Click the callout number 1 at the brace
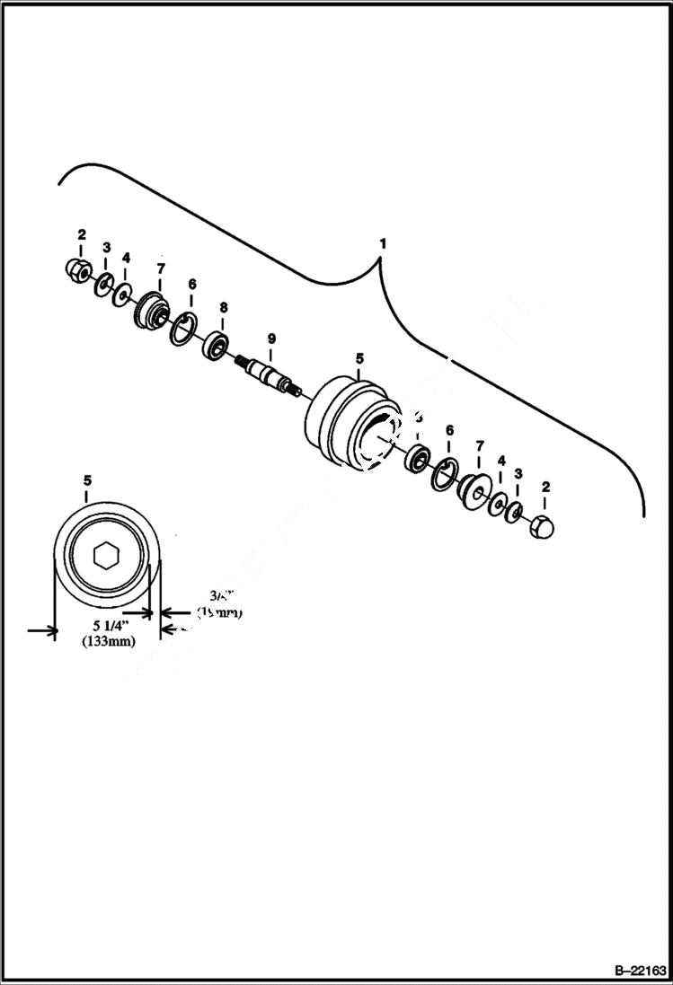pyautogui.click(x=384, y=243)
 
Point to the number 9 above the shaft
pyautogui.click(x=270, y=338)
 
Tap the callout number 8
pyautogui.click(x=223, y=307)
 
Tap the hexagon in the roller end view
pyautogui.click(x=106, y=556)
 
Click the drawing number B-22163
pyautogui.click(x=641, y=971)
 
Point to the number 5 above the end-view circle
pyautogui.click(x=87, y=480)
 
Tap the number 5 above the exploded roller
pyautogui.click(x=359, y=357)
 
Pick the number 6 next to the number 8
pyautogui.click(x=190, y=284)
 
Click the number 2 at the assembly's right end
pyautogui.click(x=545, y=488)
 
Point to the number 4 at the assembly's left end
pyautogui.click(x=126, y=258)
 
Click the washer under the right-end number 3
pyautogui.click(x=514, y=513)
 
